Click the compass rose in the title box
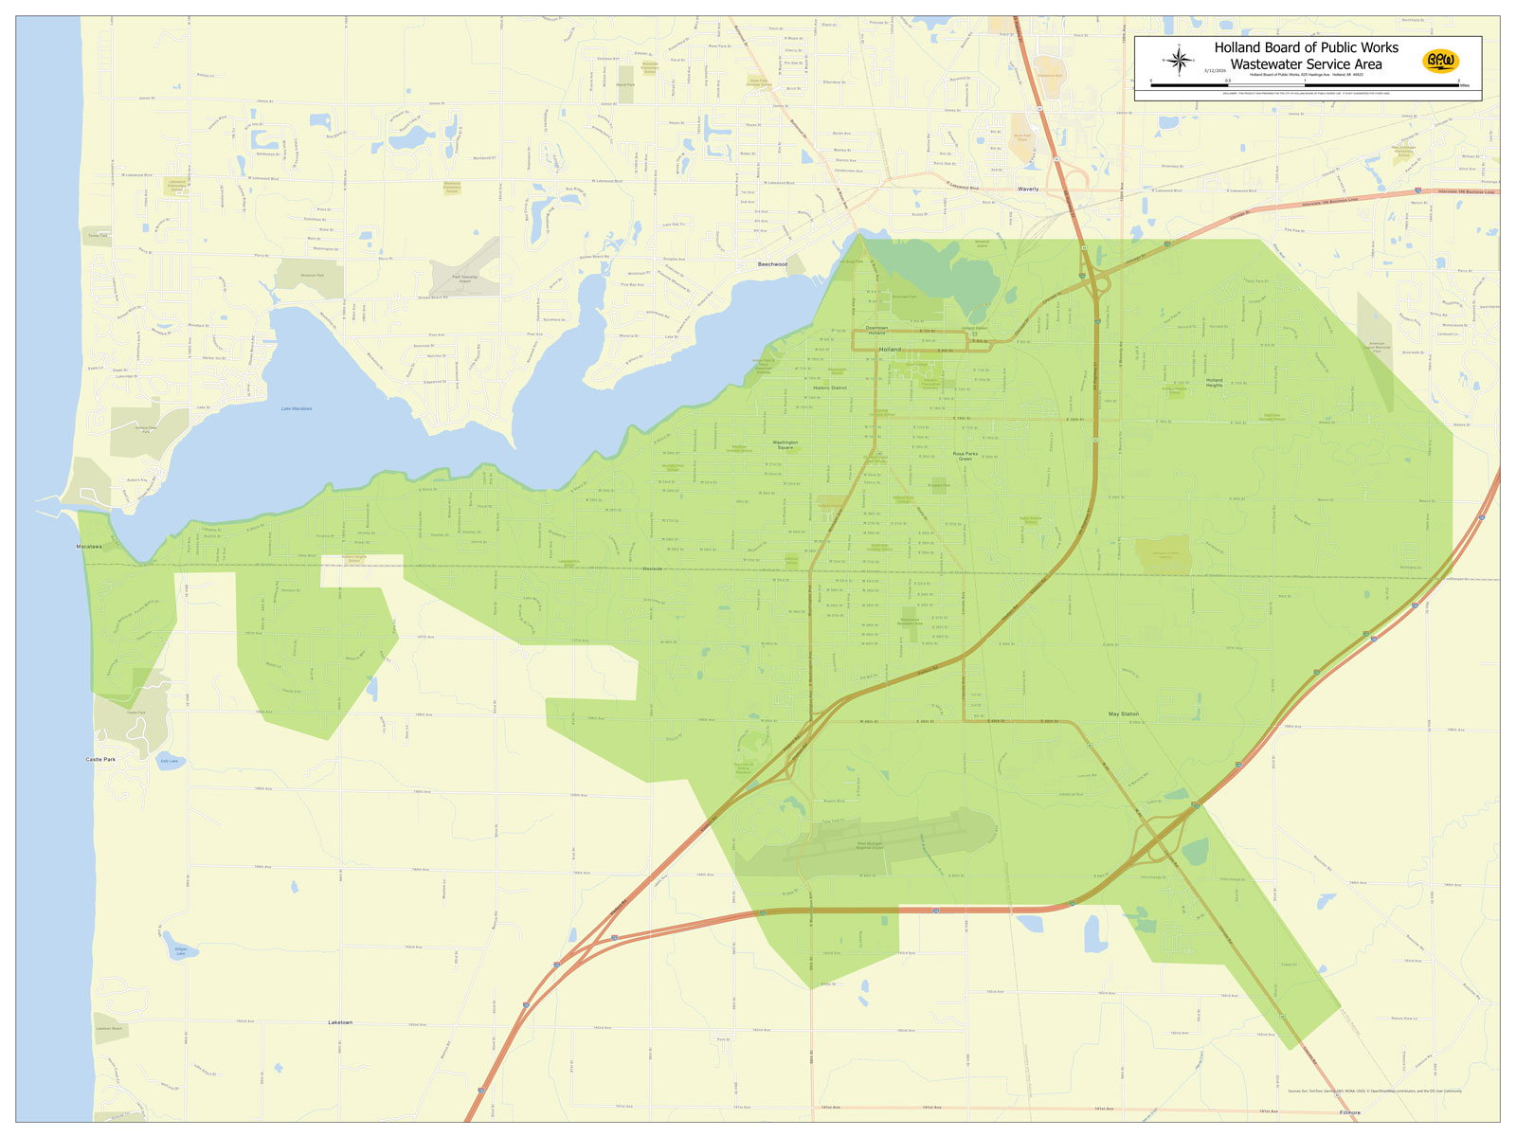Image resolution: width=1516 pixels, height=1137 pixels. coord(1180,63)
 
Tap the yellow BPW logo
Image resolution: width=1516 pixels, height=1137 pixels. coord(1441,62)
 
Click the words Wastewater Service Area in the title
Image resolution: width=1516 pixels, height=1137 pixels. coord(1306,64)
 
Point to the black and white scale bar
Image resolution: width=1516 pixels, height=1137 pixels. coord(1305,85)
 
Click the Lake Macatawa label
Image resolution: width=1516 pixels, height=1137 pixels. coord(297,408)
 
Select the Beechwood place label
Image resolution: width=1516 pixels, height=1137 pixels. coord(772,264)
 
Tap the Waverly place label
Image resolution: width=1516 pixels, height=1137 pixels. coord(1028,189)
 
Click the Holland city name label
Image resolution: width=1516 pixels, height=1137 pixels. coord(891,350)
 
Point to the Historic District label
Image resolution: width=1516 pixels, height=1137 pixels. coord(830,388)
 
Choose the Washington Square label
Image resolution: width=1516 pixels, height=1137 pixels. coord(785,444)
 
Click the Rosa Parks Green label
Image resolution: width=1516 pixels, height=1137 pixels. coord(965,456)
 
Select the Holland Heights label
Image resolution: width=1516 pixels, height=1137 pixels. coord(1214,383)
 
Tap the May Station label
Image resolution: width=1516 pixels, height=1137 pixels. coord(1123,713)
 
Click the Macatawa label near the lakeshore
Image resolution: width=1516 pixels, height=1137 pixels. coord(89,547)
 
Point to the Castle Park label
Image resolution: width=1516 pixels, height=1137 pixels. coord(99,759)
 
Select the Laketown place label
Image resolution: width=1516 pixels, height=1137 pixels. coord(340,1022)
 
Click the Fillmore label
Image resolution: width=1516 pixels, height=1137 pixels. coord(1349,1112)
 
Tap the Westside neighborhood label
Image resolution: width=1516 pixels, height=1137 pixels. coord(653,568)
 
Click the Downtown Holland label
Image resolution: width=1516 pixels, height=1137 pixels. coord(876,331)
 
